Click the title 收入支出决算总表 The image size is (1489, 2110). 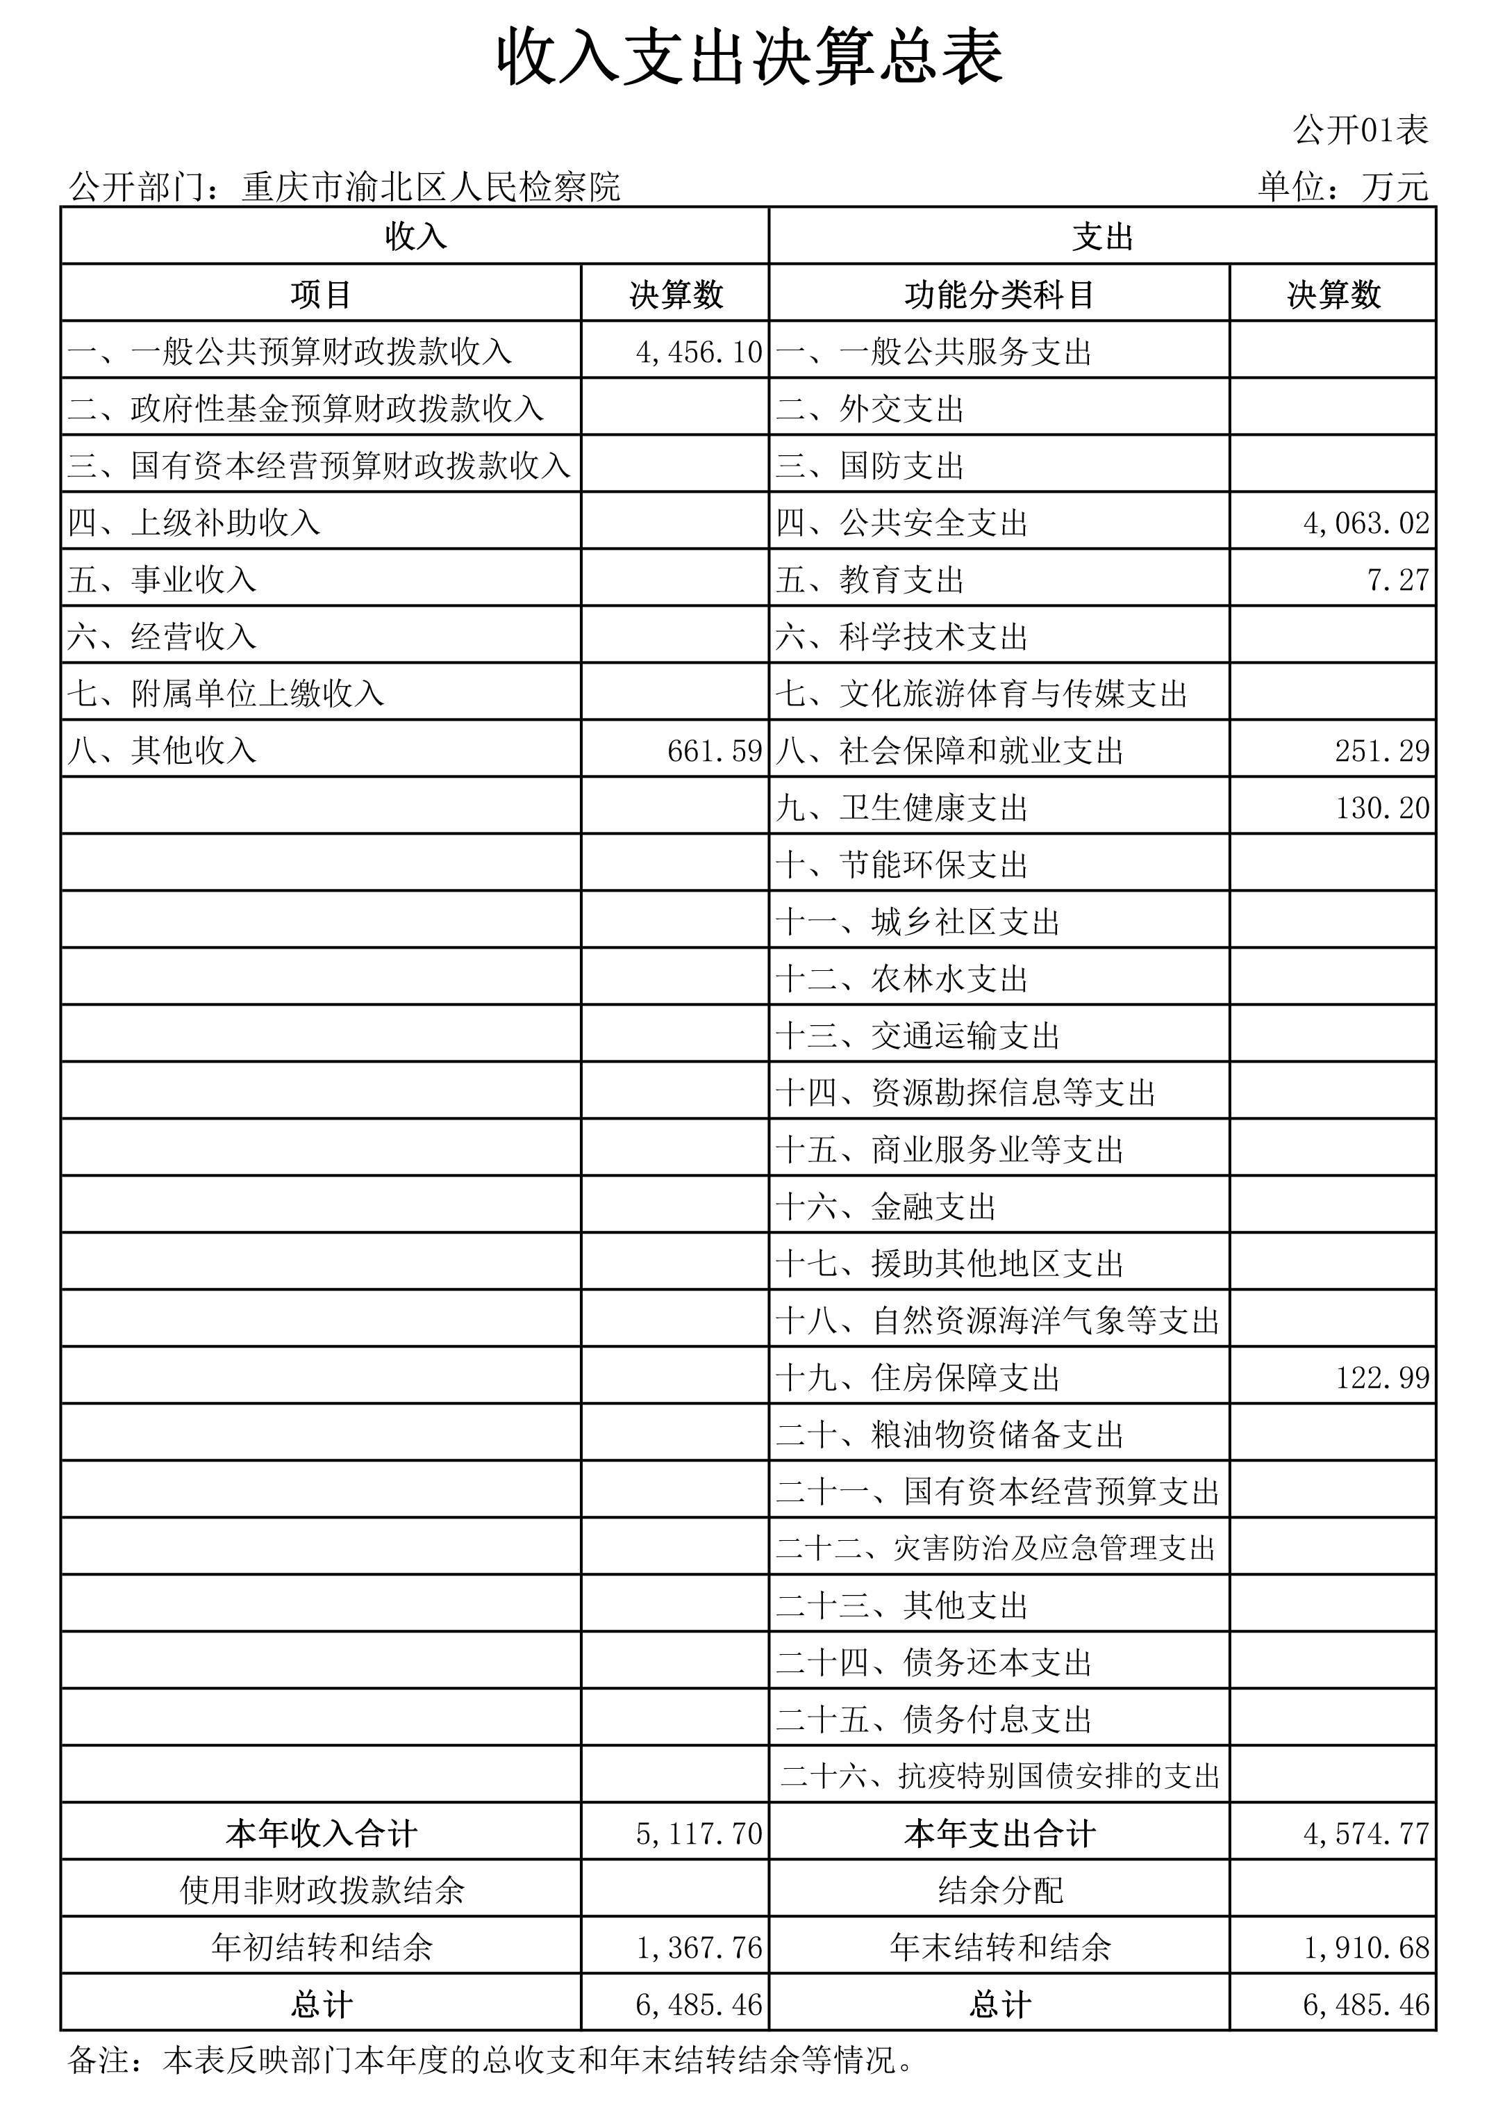(749, 58)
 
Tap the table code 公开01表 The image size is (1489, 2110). (1361, 131)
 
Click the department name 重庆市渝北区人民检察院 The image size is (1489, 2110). (431, 188)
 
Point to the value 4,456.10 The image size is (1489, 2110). (699, 351)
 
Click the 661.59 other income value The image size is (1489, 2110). (715, 751)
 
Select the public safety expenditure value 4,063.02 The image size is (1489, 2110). (1366, 523)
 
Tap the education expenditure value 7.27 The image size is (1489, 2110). (1397, 580)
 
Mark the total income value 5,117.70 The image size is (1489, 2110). (699, 1833)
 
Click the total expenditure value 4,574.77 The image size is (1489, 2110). (1366, 1833)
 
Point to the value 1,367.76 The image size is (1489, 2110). (699, 1947)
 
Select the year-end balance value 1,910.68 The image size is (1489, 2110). (1366, 1947)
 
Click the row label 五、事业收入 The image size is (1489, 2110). (162, 580)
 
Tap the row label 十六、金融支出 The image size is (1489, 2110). (885, 1207)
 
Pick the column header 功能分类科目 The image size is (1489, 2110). (999, 295)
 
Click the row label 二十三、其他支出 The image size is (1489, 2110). (901, 1605)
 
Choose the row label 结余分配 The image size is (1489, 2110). (999, 1890)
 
